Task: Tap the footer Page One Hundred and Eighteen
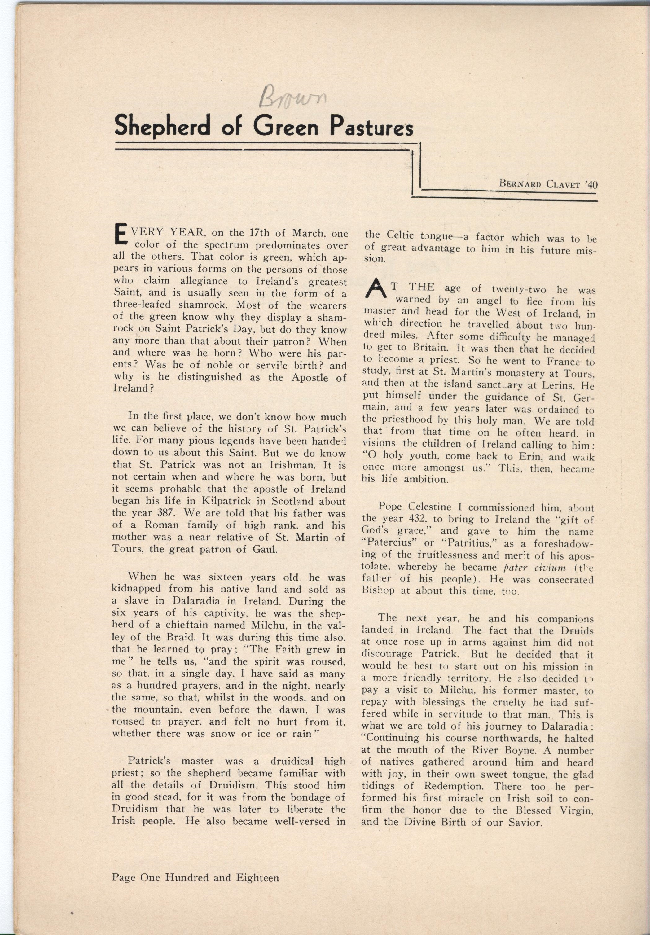coord(195,878)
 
